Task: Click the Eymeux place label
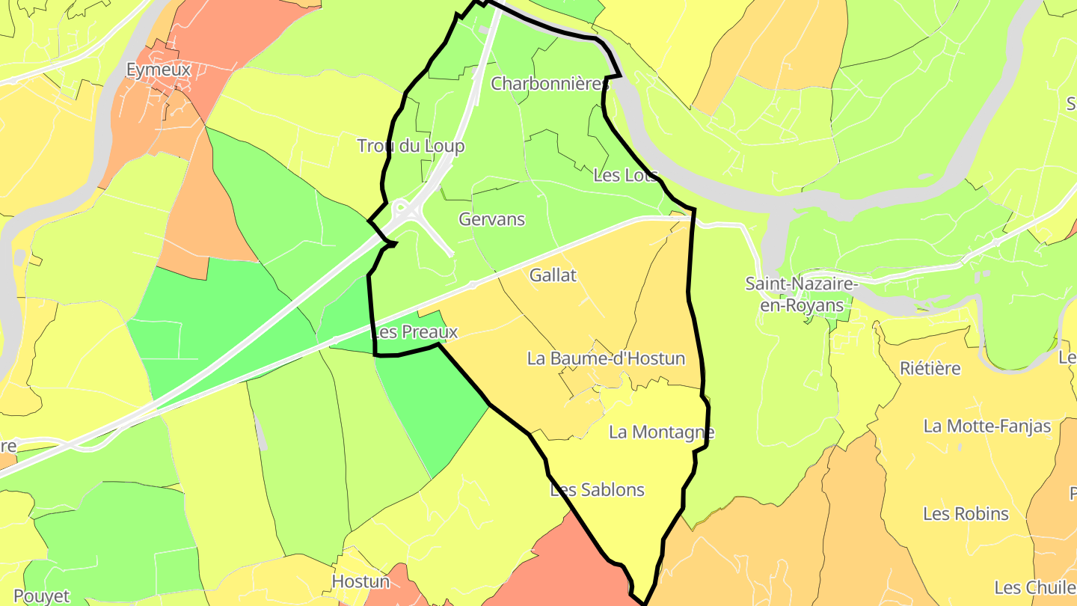[x=159, y=70]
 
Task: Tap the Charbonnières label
[x=550, y=84]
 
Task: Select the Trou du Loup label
[x=411, y=146]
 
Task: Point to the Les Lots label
[x=625, y=175]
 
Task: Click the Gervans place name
[x=491, y=219]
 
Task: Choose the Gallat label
[x=553, y=275]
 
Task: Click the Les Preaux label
[x=415, y=331]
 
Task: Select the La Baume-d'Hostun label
[x=606, y=358]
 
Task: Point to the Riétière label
[x=930, y=368]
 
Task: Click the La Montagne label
[x=661, y=432]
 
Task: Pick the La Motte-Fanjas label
[x=987, y=426]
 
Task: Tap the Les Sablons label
[x=597, y=490]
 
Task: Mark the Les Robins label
[x=966, y=514]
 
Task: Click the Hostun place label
[x=360, y=581]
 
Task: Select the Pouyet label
[x=42, y=596]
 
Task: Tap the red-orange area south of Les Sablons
[x=568, y=569]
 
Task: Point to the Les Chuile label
[x=1035, y=587]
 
